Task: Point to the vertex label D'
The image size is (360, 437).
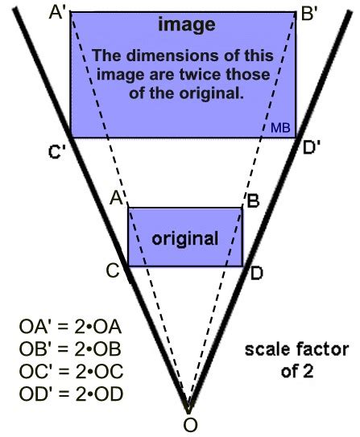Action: (311, 148)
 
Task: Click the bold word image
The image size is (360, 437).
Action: (186, 26)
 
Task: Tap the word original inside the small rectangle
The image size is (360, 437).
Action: (185, 239)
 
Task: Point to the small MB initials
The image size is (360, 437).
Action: (280, 129)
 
